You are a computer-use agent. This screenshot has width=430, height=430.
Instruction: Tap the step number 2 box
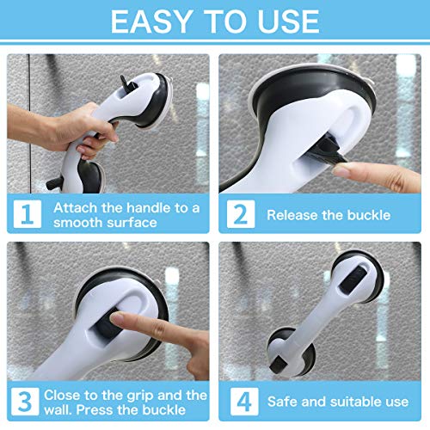point(241,214)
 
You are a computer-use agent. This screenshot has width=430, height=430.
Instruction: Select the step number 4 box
point(241,402)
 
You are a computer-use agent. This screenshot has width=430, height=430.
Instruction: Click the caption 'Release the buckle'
point(328,215)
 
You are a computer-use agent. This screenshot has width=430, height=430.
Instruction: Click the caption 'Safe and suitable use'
point(338,402)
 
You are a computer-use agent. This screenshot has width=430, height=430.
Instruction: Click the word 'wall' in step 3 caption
point(70,409)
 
